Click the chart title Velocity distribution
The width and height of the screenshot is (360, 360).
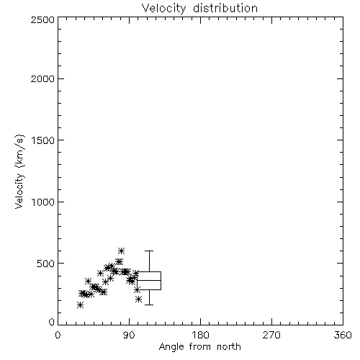[x=199, y=9]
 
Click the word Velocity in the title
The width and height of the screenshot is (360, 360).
[x=163, y=9]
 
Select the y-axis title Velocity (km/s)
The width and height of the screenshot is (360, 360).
[x=19, y=171]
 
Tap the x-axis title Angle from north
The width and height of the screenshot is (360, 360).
[x=199, y=347]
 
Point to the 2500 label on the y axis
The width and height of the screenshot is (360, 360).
[x=42, y=19]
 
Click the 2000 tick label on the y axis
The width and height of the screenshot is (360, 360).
[x=42, y=78]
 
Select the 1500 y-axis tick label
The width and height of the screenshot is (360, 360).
[x=43, y=140]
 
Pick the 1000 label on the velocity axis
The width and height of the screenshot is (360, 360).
[x=43, y=202]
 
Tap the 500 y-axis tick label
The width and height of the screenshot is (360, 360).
[x=46, y=264]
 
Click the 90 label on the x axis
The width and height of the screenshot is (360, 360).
[x=129, y=335]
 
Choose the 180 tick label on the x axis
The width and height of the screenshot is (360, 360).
[x=200, y=335]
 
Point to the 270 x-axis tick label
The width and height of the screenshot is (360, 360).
[x=271, y=335]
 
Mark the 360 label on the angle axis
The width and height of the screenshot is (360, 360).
[x=343, y=335]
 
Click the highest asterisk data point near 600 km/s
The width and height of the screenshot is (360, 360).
[x=121, y=251]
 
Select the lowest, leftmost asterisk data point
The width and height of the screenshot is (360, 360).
[x=81, y=305]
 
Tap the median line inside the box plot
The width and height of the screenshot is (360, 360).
[x=149, y=280]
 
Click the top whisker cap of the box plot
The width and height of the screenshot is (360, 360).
[x=149, y=251]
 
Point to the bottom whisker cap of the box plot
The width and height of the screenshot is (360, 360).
[x=149, y=305]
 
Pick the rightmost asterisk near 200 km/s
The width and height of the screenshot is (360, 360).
[x=138, y=299]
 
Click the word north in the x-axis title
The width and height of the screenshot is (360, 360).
[x=229, y=347]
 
